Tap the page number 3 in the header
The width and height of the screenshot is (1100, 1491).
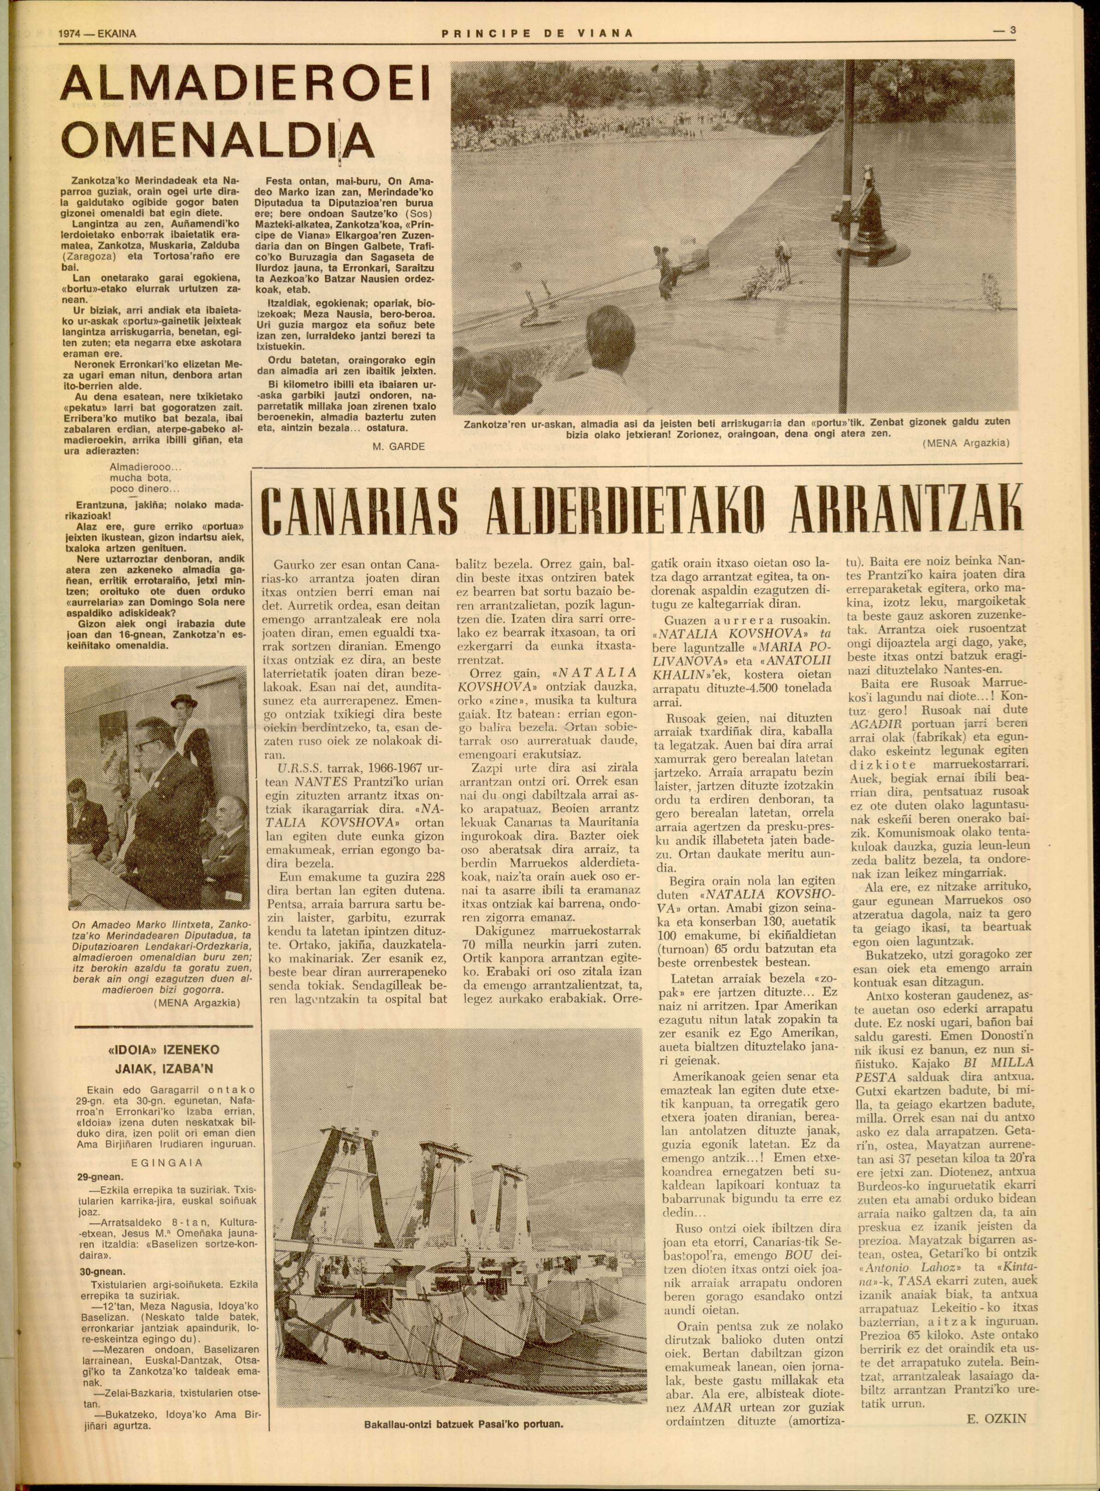click(1011, 30)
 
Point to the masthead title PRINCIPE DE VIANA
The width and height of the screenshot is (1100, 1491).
click(537, 33)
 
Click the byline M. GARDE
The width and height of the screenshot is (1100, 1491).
click(398, 446)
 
